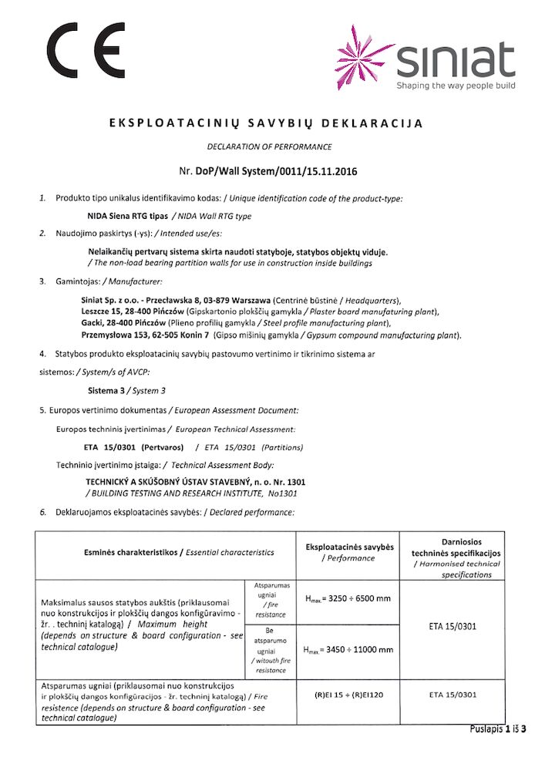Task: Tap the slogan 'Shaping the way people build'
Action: click(456, 86)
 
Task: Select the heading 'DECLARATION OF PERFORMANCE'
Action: click(270, 146)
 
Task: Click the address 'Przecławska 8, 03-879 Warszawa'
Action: click(203, 299)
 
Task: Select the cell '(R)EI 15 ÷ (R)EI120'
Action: click(348, 695)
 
